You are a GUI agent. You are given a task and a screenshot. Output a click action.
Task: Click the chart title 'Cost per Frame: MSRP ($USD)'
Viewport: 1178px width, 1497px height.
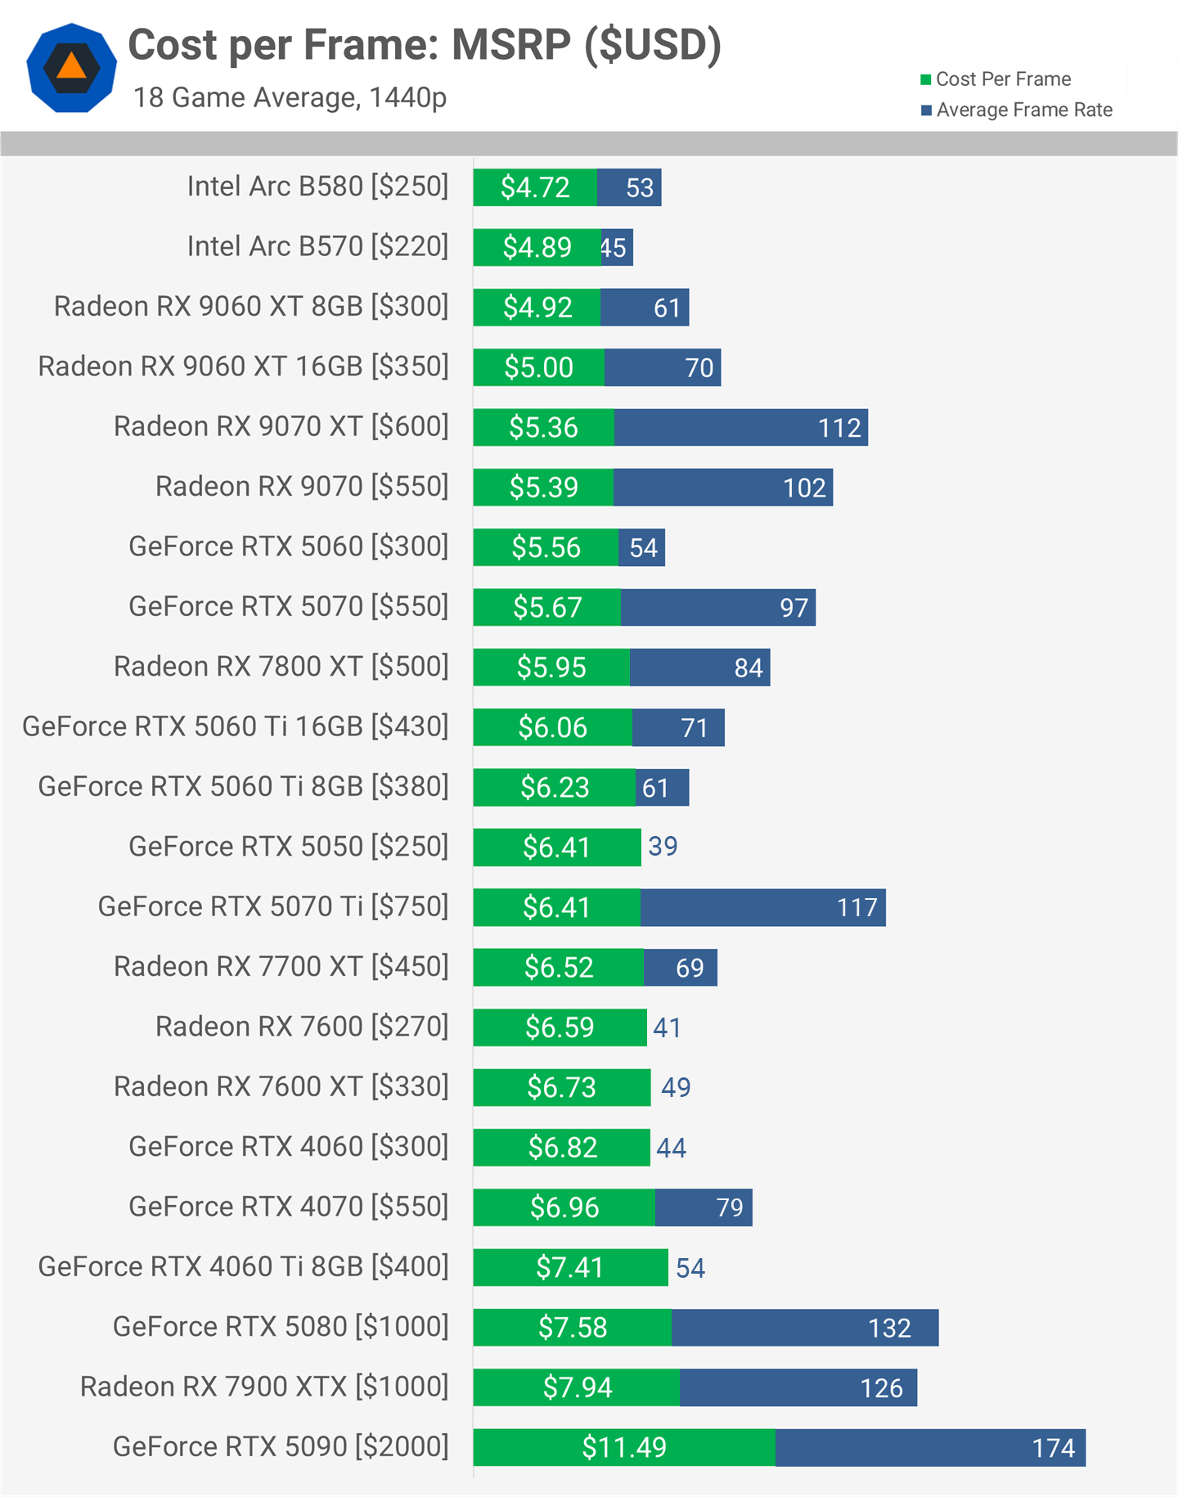pyautogui.click(x=425, y=45)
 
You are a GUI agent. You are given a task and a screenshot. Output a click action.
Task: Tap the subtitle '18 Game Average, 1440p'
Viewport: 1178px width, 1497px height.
pyautogui.click(x=290, y=97)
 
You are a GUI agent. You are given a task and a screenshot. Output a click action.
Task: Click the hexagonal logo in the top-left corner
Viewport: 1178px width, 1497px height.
pyautogui.click(x=71, y=68)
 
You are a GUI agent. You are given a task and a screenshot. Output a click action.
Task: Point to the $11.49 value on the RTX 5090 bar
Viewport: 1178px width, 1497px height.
pyautogui.click(x=624, y=1447)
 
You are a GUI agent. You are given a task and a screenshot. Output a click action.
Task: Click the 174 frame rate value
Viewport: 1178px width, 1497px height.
pyautogui.click(x=1053, y=1448)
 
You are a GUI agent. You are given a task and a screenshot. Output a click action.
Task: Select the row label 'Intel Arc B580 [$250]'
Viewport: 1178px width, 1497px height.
pyautogui.click(x=317, y=187)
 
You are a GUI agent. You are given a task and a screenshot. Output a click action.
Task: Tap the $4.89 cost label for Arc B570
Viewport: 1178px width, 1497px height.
pyautogui.click(x=537, y=247)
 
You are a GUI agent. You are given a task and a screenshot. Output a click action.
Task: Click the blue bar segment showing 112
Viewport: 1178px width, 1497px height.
pyautogui.click(x=740, y=428)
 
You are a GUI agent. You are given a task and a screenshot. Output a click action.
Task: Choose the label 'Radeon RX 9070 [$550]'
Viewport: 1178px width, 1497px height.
pyautogui.click(x=302, y=487)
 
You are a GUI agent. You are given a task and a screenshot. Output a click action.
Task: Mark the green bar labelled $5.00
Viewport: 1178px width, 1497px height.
pyautogui.click(x=539, y=368)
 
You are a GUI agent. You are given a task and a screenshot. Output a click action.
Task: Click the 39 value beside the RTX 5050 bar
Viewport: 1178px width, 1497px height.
pyautogui.click(x=663, y=847)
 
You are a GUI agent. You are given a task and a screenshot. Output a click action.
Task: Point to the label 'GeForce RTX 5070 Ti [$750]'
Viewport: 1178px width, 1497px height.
pyautogui.click(x=273, y=906)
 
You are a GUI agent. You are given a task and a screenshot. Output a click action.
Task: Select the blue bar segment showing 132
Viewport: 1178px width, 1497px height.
pyautogui.click(x=804, y=1328)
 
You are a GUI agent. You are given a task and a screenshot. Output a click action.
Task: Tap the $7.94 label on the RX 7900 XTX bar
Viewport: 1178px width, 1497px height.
pyautogui.click(x=578, y=1387)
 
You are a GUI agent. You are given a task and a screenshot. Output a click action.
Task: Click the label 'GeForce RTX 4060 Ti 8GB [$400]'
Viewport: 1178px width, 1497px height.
pyautogui.click(x=243, y=1266)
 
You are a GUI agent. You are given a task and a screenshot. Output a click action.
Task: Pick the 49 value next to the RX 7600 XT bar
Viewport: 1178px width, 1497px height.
pyautogui.click(x=676, y=1087)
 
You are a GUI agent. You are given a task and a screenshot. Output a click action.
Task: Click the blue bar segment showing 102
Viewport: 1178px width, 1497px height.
pyautogui.click(x=722, y=488)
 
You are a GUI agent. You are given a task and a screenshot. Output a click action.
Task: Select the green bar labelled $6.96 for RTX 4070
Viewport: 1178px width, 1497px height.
pyautogui.click(x=564, y=1207)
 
